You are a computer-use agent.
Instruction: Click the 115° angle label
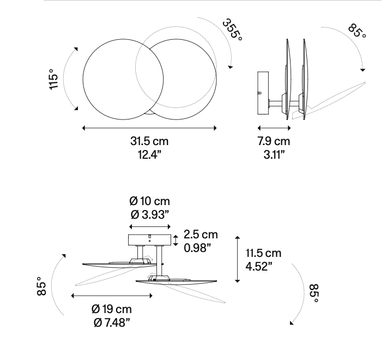pyautogui.click(x=53, y=80)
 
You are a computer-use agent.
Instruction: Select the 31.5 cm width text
pyautogui.click(x=149, y=141)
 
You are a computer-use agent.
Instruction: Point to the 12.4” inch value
pyautogui.click(x=149, y=154)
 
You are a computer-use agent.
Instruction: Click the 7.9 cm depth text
pyautogui.click(x=274, y=141)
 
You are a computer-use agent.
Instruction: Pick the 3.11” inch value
pyautogui.click(x=274, y=154)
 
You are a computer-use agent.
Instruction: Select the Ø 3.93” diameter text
pyautogui.click(x=149, y=214)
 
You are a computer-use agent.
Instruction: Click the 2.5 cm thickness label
pyautogui.click(x=201, y=235)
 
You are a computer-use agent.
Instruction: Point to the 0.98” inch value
pyautogui.click(x=197, y=247)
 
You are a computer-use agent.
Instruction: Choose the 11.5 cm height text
pyautogui.click(x=263, y=253)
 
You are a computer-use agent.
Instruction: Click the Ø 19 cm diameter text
pyautogui.click(x=112, y=310)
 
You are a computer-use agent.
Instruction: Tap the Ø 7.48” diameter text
pyautogui.click(x=112, y=322)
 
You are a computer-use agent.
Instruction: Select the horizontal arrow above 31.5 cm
pyautogui.click(x=149, y=128)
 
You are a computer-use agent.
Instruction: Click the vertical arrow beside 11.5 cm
pyautogui.click(x=237, y=260)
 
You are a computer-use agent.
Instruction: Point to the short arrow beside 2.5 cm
pyautogui.click(x=176, y=240)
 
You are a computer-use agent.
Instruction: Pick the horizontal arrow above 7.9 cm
pyautogui.click(x=274, y=128)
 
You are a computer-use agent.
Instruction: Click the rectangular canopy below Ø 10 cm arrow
pyautogui.click(x=149, y=240)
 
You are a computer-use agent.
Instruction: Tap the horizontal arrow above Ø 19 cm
pyautogui.click(x=112, y=296)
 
